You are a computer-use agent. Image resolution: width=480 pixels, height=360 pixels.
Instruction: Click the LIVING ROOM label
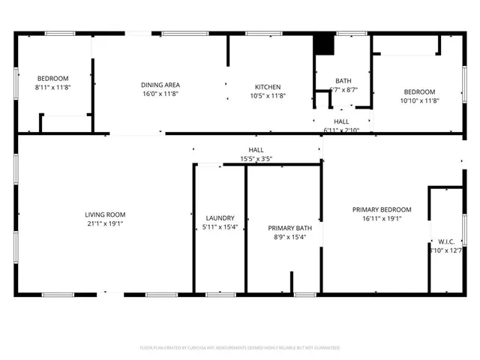click(x=104, y=214)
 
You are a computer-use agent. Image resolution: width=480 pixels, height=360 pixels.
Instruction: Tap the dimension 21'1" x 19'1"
click(x=104, y=223)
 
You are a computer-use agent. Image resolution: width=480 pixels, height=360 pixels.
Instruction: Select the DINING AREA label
click(x=160, y=85)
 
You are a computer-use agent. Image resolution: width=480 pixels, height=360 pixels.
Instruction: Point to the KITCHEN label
click(x=268, y=86)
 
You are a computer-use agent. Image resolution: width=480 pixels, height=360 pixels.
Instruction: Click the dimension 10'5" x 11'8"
click(x=268, y=95)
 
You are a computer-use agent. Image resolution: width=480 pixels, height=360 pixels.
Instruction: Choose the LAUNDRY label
click(x=220, y=217)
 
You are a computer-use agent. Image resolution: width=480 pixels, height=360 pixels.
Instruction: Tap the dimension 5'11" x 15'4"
click(x=220, y=227)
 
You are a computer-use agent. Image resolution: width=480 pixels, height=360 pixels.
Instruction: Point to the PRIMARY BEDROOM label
click(x=382, y=209)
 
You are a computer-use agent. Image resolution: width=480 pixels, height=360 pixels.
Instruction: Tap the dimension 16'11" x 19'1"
click(x=382, y=218)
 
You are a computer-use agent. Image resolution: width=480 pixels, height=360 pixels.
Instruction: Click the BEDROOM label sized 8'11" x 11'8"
click(x=52, y=79)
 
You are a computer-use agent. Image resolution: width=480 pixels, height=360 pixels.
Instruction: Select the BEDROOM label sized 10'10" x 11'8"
click(x=419, y=91)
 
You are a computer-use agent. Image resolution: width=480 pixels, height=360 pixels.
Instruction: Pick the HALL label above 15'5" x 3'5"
click(x=256, y=150)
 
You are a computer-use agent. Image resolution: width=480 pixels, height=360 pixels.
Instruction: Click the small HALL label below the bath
click(x=341, y=121)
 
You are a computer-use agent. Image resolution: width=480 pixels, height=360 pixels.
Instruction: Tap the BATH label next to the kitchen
click(x=343, y=80)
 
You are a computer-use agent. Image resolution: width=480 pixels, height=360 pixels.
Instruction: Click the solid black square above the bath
click(x=323, y=44)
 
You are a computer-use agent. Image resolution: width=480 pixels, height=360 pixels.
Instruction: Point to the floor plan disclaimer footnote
click(x=240, y=348)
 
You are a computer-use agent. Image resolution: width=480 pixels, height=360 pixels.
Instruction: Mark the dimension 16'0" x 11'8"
click(x=160, y=94)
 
